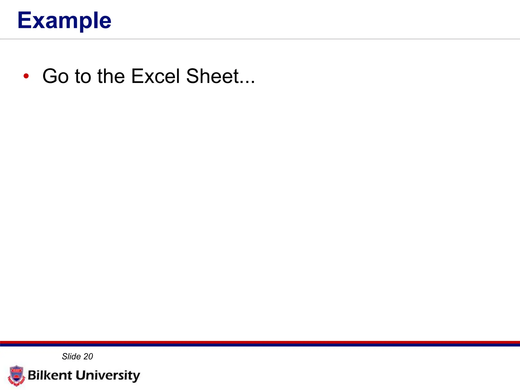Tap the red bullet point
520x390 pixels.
[x=26, y=76]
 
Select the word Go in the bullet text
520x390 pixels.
[x=56, y=76]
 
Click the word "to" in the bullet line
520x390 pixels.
[x=83, y=76]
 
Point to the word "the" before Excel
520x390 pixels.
[x=111, y=76]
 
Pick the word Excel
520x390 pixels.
[x=155, y=76]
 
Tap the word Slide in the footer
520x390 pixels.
[x=71, y=356]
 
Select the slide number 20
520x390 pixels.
[x=88, y=356]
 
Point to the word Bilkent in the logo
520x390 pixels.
[x=50, y=375]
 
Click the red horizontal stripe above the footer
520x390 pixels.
[x=260, y=342]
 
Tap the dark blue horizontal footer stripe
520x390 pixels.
[x=260, y=345]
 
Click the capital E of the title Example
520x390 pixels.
[x=25, y=20]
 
